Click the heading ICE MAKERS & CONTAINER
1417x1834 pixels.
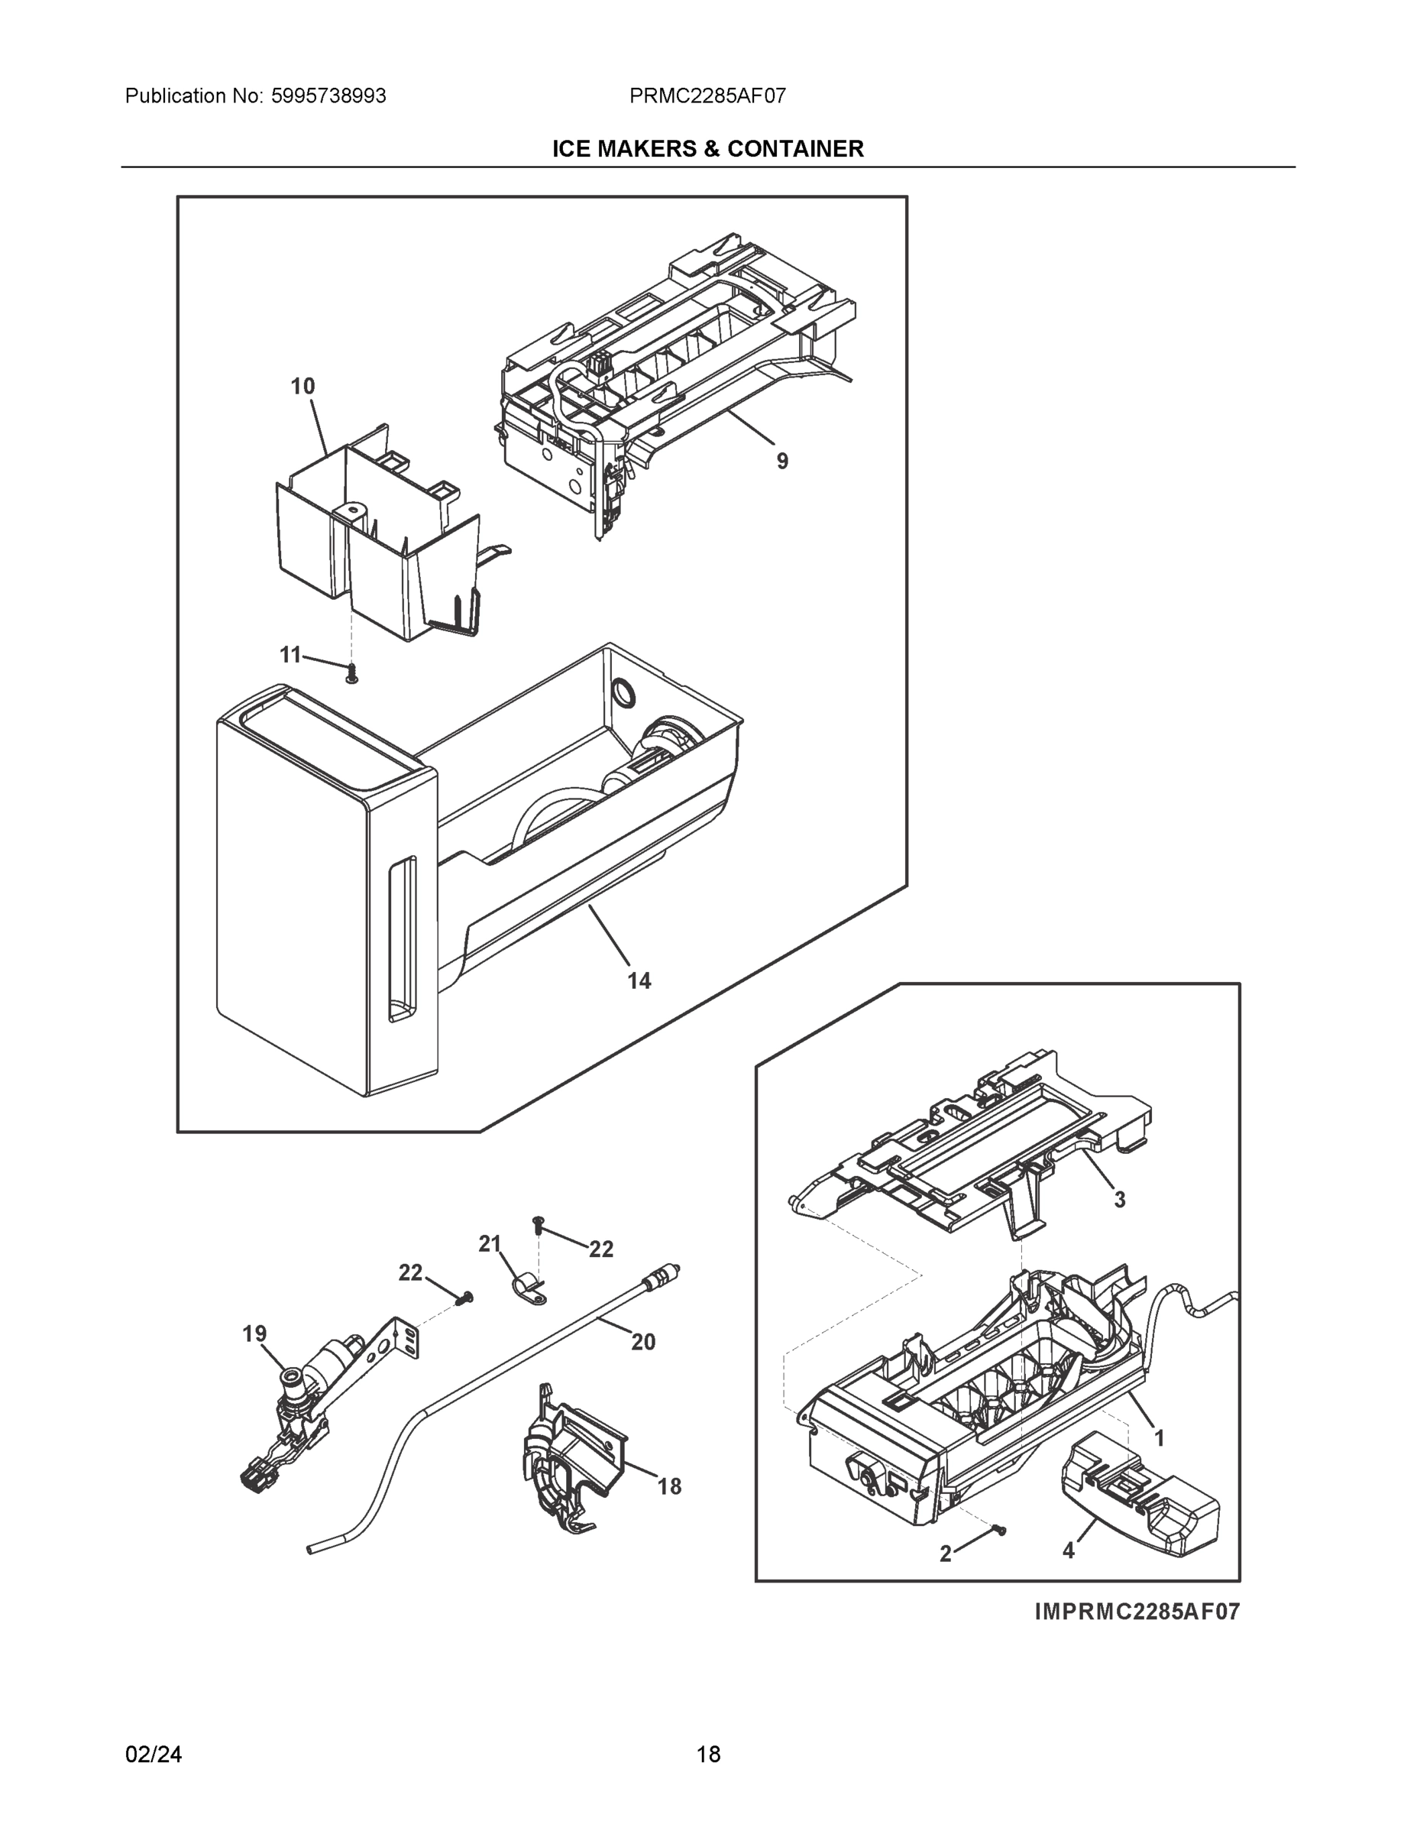coord(707,149)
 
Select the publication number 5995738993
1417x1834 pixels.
coord(329,96)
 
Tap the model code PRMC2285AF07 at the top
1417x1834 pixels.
coord(707,96)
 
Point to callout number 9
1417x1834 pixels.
coord(781,461)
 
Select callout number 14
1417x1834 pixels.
coord(639,981)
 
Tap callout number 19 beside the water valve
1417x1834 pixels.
coord(255,1333)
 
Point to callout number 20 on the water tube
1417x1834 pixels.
coord(643,1342)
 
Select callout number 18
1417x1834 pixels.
coord(669,1487)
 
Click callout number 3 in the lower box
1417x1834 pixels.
coord(1119,1200)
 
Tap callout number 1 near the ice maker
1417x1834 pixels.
coord(1160,1438)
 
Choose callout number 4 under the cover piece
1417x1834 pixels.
coord(1068,1552)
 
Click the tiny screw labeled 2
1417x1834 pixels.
coord(999,1530)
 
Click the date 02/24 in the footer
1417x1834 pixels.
coord(154,1755)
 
